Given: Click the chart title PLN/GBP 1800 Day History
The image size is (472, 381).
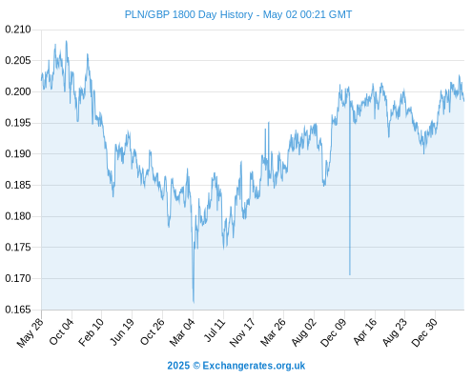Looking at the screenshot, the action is (189, 14).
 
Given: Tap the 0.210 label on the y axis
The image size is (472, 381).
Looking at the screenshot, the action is (18, 30).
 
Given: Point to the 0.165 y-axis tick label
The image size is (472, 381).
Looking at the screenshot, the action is (18, 310).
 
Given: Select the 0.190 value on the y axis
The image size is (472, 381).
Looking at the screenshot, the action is (18, 154).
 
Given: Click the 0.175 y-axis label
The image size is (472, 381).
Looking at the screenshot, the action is (18, 248).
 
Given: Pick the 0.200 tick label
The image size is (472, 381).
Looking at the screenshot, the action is (18, 92).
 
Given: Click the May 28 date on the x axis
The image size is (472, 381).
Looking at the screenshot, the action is (30, 332).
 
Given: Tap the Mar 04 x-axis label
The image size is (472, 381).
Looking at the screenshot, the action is (182, 332).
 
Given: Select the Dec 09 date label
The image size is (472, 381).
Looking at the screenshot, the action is (333, 332).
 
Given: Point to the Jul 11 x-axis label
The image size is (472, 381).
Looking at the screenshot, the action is (215, 331).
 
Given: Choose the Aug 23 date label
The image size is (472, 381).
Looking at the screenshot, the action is (394, 332).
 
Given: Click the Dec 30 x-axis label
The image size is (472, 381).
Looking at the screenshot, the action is (424, 332).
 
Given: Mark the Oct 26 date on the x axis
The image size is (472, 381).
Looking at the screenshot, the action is (153, 331).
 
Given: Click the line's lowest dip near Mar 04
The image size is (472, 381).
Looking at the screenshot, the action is (194, 302).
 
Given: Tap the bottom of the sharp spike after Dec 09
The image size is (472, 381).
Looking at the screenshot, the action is (350, 274).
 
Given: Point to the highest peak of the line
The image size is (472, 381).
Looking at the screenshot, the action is (66, 41).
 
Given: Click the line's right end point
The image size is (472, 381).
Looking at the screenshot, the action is (464, 101).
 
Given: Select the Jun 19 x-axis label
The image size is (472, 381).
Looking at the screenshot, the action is (121, 331).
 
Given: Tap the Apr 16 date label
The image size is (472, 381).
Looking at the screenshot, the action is (364, 331).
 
